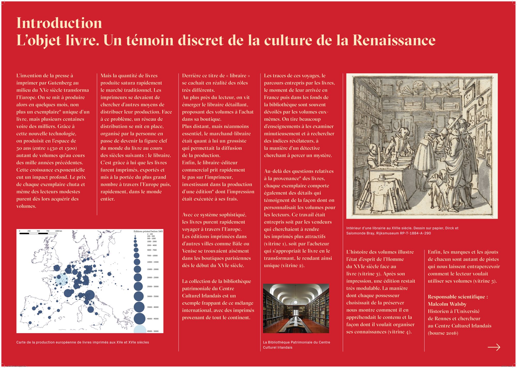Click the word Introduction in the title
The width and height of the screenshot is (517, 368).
59,23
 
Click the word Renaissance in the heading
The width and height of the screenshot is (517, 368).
394,40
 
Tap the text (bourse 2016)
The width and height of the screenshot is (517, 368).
443,333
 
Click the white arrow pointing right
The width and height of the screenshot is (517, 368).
494,347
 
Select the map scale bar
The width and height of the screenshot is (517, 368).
38,234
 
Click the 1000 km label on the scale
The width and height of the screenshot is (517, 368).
58,231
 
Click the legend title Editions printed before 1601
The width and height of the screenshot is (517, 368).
148,231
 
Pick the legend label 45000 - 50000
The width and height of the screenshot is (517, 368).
153,331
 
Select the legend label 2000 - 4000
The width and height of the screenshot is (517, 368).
152,245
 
